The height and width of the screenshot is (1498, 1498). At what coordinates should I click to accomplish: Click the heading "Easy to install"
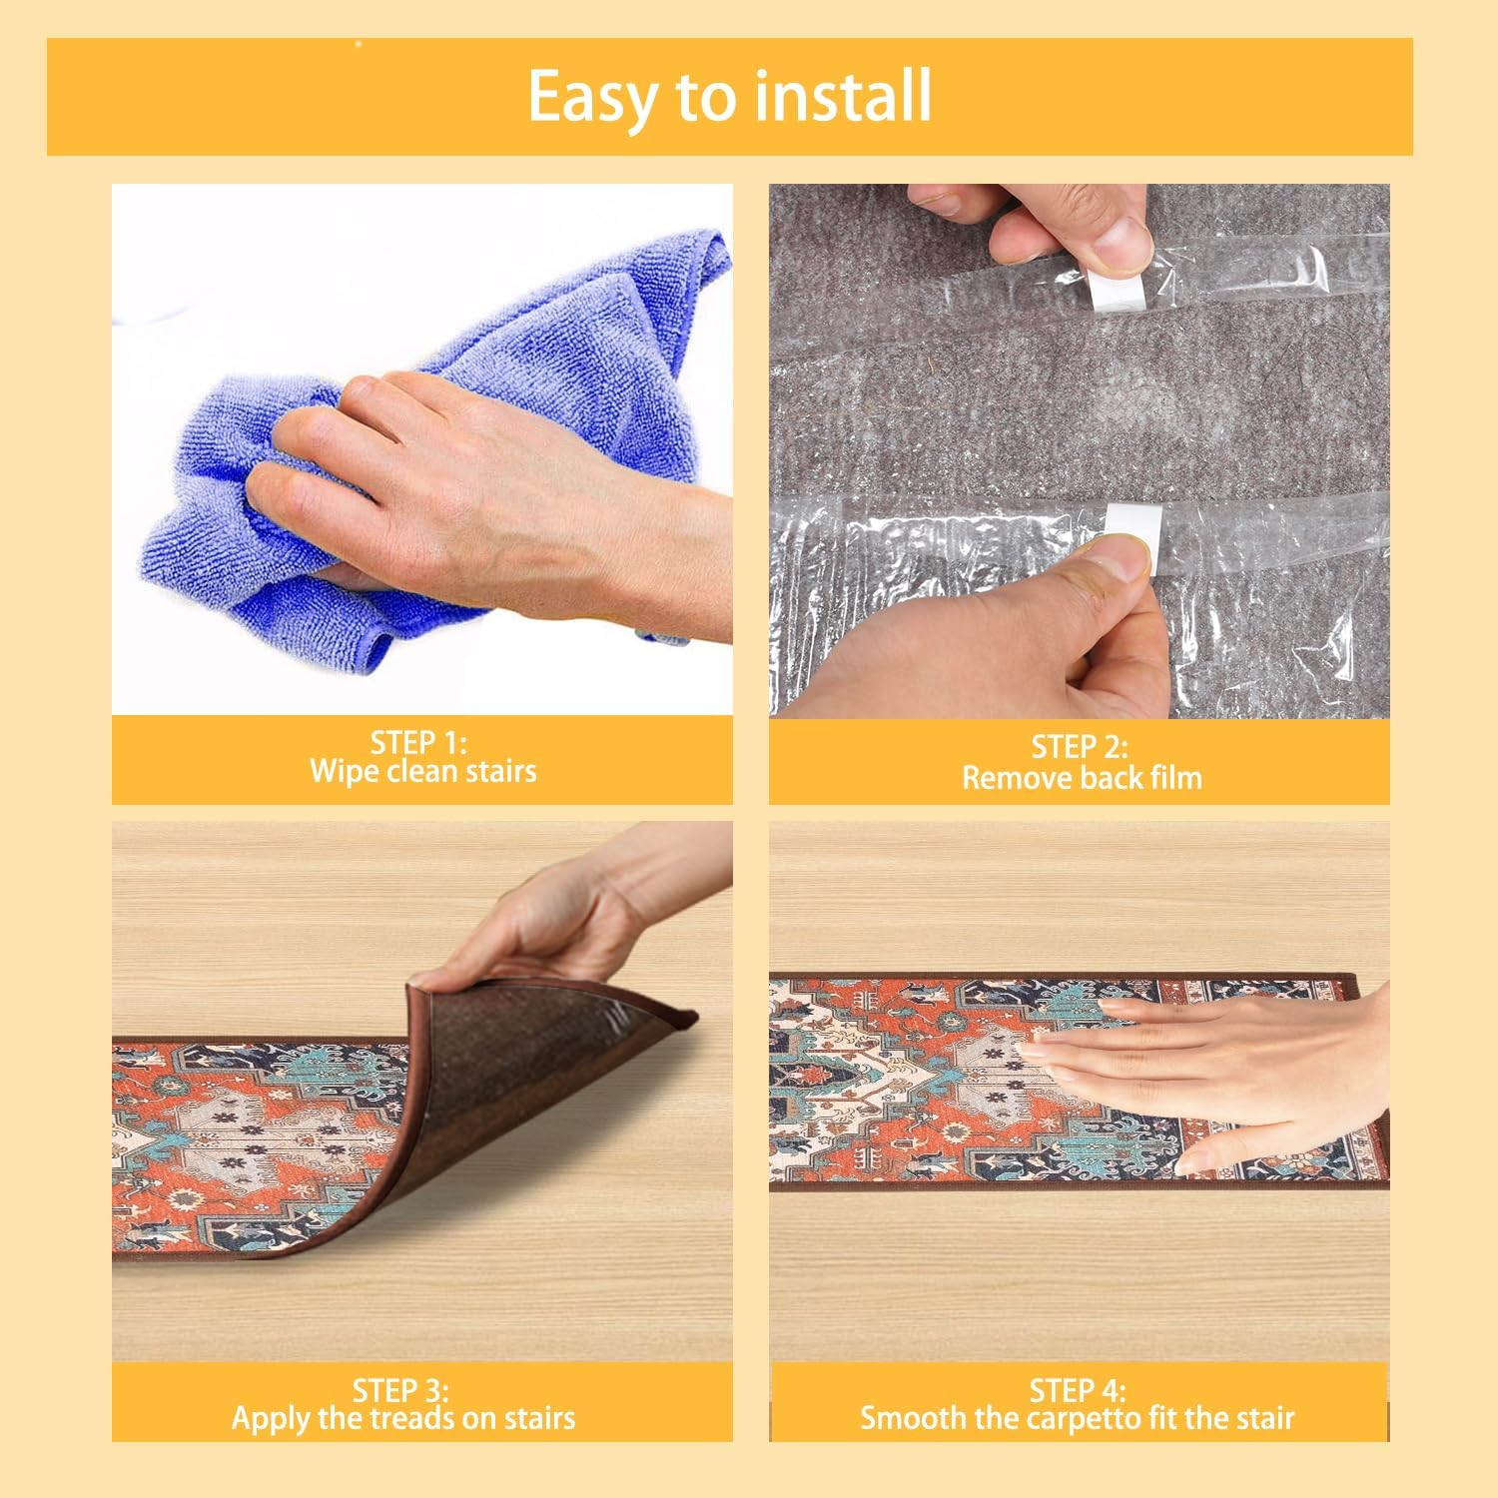point(729,96)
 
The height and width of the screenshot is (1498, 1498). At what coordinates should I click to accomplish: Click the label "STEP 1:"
point(419,742)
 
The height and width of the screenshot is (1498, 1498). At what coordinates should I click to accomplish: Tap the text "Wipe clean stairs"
point(422,771)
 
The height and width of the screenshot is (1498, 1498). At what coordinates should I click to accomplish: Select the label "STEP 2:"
point(1080,747)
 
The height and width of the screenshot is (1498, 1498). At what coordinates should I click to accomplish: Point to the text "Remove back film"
point(1082,778)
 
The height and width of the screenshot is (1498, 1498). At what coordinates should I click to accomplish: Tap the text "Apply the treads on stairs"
point(403,1418)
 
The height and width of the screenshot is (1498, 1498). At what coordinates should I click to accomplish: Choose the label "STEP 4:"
point(1078,1390)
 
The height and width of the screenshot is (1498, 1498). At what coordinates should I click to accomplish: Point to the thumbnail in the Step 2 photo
point(1124,558)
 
